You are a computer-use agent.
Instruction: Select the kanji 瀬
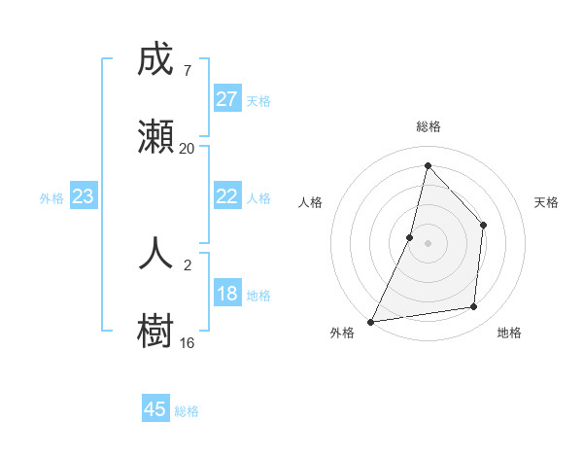tap(156, 137)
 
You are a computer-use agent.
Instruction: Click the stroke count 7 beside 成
tap(187, 70)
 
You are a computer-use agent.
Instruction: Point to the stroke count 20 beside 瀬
tap(187, 148)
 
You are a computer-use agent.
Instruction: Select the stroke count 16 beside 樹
tap(187, 342)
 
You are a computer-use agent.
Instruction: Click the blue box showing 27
tap(226, 98)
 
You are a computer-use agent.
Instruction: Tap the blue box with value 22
tap(226, 195)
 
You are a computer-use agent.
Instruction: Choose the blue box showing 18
tap(226, 294)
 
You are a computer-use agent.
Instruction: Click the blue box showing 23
tap(84, 196)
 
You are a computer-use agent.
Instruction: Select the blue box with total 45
tap(155, 409)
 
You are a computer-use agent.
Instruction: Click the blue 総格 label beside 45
tap(187, 411)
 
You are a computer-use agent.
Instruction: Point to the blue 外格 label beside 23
tap(51, 198)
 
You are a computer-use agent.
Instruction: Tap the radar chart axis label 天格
tap(547, 202)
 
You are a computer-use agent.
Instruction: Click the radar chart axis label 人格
tap(310, 202)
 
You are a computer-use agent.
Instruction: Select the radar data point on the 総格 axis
tap(428, 165)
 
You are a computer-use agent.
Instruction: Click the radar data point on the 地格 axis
tap(474, 307)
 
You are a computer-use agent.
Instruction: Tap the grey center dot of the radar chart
tap(428, 243)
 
